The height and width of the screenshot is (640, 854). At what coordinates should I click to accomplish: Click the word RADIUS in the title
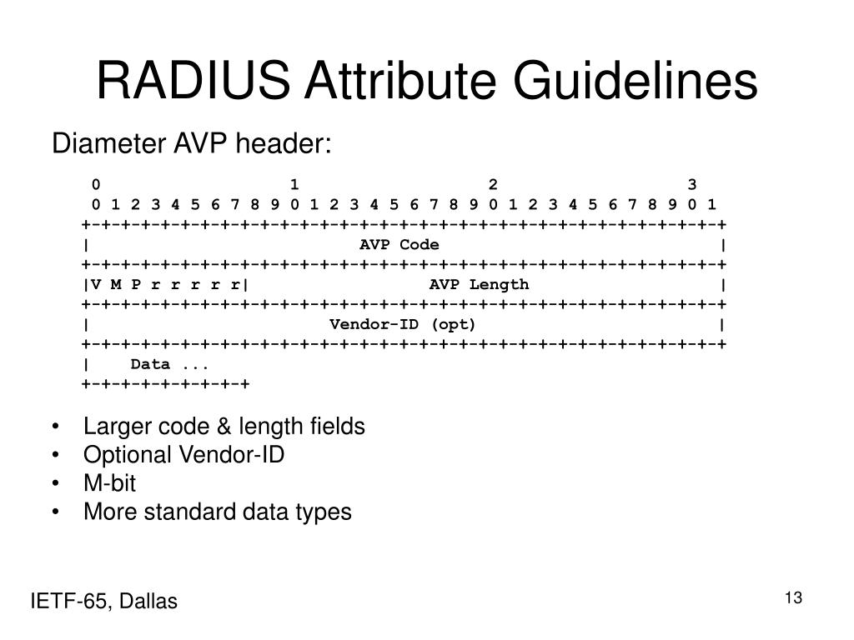193,82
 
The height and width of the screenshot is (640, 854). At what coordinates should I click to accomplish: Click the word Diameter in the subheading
109,145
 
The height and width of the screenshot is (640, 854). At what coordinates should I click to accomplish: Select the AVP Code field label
399,244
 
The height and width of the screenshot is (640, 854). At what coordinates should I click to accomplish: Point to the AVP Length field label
479,284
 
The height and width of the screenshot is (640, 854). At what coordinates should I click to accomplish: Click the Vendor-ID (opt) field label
403,324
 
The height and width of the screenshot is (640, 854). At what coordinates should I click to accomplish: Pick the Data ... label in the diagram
169,364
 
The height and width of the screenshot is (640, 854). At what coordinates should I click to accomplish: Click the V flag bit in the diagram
96,284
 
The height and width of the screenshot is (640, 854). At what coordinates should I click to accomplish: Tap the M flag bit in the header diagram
116,284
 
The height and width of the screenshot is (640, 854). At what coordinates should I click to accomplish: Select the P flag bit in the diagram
136,284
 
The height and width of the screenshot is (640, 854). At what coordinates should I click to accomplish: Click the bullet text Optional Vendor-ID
183,455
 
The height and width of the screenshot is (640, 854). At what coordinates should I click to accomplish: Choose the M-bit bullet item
109,483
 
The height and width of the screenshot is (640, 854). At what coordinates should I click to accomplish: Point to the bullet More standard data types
217,512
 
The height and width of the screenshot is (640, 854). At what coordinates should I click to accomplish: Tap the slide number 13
792,597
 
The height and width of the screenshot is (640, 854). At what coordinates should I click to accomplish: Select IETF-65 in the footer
68,602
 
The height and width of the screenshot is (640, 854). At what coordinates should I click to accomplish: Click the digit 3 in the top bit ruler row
692,184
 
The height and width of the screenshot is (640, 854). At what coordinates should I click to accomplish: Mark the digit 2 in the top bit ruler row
493,184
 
